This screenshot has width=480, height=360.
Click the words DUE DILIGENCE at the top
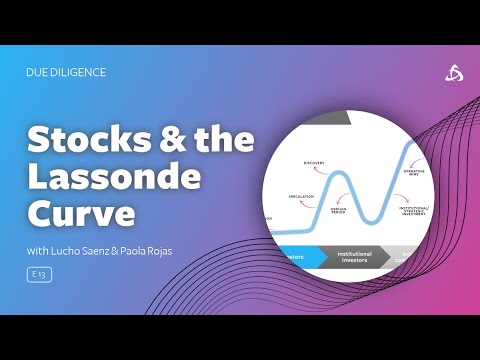tap(66, 72)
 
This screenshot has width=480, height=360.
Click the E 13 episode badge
tap(40, 274)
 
